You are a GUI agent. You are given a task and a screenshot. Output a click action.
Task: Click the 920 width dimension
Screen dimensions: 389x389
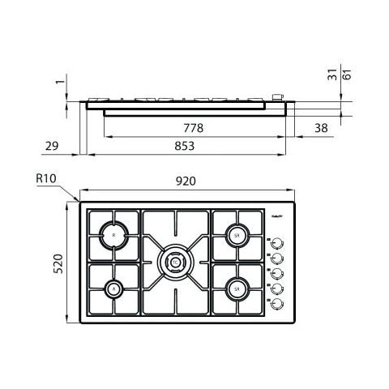point(186,182)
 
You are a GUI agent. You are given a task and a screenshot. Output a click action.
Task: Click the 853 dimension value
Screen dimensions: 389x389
point(186,146)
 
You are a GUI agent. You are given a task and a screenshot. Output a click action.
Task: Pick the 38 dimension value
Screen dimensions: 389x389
point(321,128)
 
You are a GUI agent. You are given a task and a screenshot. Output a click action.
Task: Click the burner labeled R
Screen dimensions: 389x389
point(113,235)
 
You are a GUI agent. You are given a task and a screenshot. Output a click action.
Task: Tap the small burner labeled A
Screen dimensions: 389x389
point(113,288)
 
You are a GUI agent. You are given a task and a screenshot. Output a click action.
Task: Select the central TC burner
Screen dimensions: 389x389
point(176,261)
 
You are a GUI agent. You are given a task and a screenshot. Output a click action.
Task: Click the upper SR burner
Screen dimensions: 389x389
point(237,235)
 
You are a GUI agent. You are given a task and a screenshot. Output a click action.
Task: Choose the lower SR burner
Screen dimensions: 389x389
point(237,287)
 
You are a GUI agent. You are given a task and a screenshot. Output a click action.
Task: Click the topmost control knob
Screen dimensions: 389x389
point(277,242)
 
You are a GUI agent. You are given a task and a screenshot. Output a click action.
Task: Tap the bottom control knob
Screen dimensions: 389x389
point(277,303)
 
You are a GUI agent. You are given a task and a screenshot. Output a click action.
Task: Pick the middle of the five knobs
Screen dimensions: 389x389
point(277,272)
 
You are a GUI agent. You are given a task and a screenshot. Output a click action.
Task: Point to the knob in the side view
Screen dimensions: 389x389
point(279,97)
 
